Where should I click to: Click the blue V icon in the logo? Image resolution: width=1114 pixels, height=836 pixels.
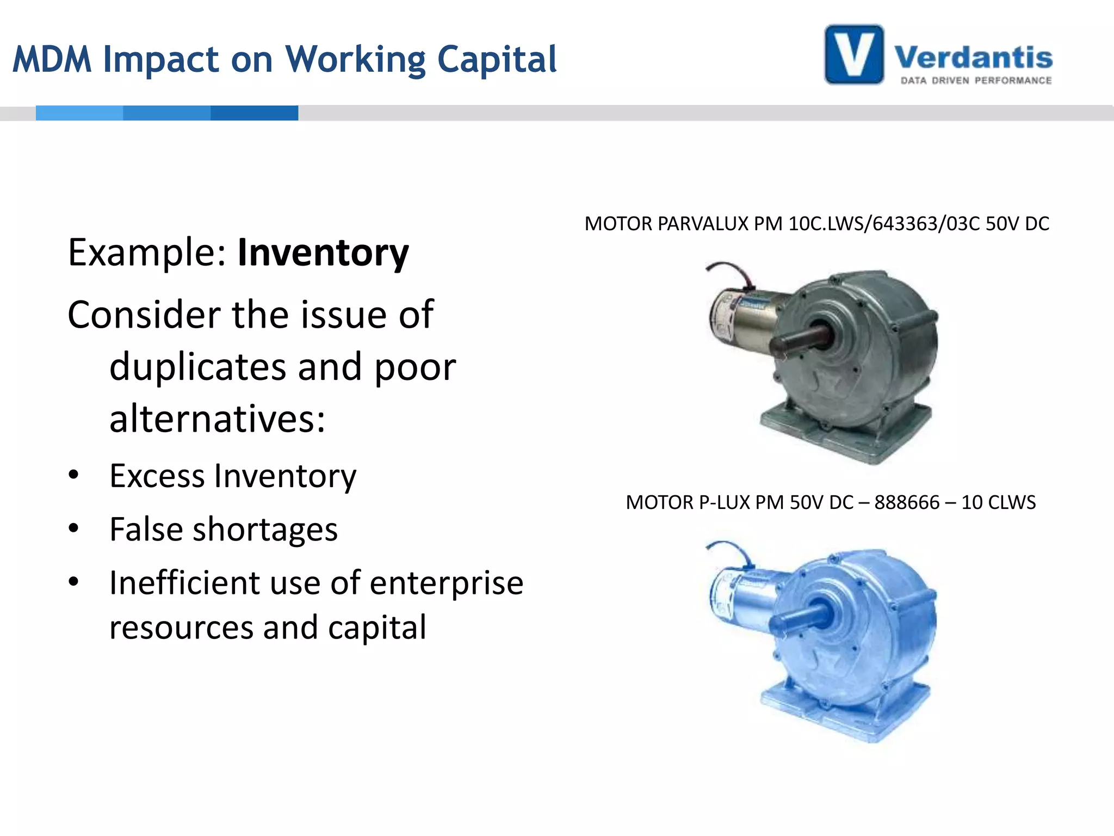853,54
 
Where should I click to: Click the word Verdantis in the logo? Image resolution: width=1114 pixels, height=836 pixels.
973,58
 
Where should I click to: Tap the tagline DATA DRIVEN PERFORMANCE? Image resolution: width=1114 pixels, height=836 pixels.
976,81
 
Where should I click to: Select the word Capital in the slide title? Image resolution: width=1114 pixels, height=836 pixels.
497,59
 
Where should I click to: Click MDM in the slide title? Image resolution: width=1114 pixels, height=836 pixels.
52,59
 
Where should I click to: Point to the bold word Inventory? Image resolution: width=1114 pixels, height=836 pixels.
323,253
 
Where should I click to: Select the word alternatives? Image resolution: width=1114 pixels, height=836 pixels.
217,419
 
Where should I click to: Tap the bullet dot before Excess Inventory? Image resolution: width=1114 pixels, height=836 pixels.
73,475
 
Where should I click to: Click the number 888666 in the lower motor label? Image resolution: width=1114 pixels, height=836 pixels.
907,502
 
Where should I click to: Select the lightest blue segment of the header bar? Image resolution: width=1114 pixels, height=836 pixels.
79,113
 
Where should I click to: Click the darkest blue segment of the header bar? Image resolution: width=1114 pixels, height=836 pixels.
254,113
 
